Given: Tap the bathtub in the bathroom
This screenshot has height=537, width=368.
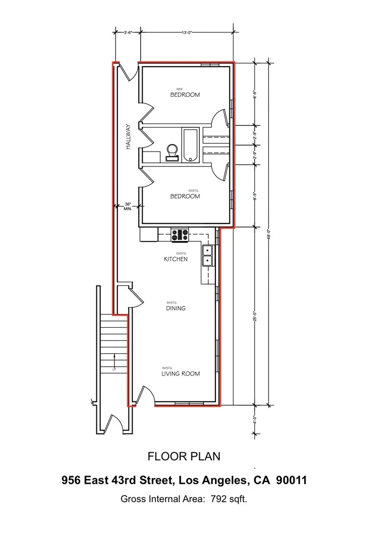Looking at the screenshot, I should (x=190, y=146).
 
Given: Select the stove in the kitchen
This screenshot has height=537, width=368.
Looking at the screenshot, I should (x=180, y=234).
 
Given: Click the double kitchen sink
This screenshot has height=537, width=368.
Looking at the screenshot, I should (x=207, y=255).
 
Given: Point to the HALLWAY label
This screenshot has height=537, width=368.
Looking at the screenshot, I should (x=129, y=136).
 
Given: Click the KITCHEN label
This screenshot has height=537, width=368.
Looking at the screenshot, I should (x=176, y=259).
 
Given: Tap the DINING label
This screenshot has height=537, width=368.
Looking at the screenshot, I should (x=175, y=308).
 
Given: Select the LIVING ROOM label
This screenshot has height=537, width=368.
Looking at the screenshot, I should (x=180, y=373).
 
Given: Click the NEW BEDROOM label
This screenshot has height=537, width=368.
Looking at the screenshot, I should (x=185, y=94).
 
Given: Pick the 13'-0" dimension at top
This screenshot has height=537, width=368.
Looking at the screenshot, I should (x=187, y=32).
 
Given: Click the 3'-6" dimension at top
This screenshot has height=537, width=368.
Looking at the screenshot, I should (x=128, y=32).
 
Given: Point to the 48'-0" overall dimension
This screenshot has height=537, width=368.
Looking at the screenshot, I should (x=270, y=234).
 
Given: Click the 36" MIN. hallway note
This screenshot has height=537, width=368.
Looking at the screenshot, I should (x=128, y=206).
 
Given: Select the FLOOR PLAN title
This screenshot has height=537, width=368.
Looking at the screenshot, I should (x=184, y=456).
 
